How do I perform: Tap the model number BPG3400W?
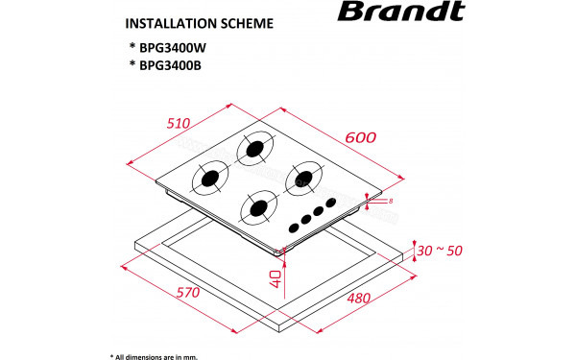(171, 47)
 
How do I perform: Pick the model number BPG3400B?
(170, 65)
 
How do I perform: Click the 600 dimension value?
(359, 136)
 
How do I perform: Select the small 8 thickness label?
(392, 201)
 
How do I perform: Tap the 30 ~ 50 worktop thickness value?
(441, 251)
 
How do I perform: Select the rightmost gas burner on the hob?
(306, 177)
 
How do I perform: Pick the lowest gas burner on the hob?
(257, 205)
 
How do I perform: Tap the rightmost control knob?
(332, 203)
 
